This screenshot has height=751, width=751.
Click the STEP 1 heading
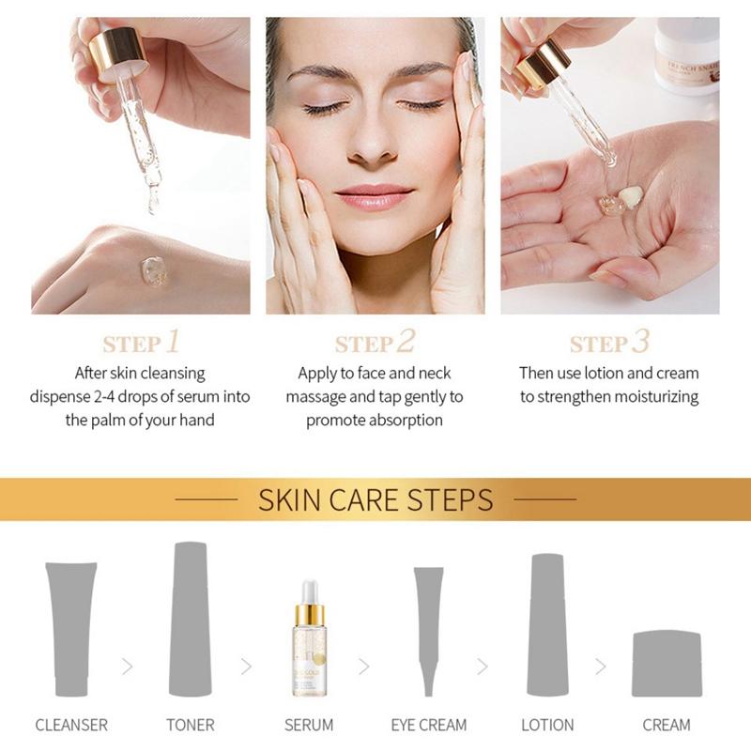point(141,342)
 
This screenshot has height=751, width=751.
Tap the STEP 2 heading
point(375,342)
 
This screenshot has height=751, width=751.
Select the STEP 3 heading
point(609,342)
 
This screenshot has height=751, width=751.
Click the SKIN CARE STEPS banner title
point(375,498)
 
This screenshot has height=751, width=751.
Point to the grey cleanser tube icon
point(70,630)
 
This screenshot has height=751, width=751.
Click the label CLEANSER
point(71,725)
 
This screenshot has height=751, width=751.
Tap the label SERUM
point(309,725)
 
